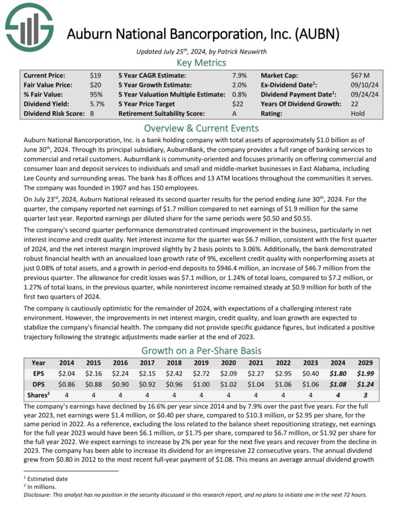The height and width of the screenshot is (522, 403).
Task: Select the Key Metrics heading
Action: [201, 62]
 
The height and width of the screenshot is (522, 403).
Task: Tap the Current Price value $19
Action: [95, 75]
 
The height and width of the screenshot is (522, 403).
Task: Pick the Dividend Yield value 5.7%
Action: [97, 104]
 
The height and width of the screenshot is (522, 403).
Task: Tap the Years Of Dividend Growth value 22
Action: [355, 104]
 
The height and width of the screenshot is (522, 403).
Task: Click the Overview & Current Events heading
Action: [201, 128]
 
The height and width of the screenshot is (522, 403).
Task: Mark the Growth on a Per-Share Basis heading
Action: [201, 350]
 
